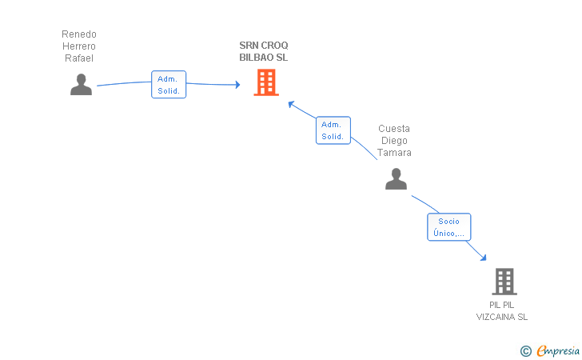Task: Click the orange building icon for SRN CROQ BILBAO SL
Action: [266, 82]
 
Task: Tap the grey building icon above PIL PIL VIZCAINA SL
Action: [504, 282]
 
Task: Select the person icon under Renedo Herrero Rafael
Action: [81, 84]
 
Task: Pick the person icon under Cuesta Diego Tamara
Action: [396, 178]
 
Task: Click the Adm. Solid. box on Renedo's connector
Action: [169, 84]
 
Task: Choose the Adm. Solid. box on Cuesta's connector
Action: [333, 130]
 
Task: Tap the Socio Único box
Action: [449, 227]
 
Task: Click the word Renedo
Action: [79, 34]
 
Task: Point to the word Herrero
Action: [79, 46]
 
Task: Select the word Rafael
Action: [79, 58]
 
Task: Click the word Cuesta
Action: [394, 129]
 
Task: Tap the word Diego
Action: [394, 141]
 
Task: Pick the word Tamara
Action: [394, 153]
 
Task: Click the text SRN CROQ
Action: [264, 46]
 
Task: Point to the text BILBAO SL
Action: [264, 58]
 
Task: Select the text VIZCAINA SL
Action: [502, 317]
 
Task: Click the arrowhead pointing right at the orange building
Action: [238, 85]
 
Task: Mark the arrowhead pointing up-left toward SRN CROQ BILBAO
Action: [291, 104]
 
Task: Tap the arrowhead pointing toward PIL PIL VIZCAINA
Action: [483, 258]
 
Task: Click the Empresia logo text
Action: [558, 350]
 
